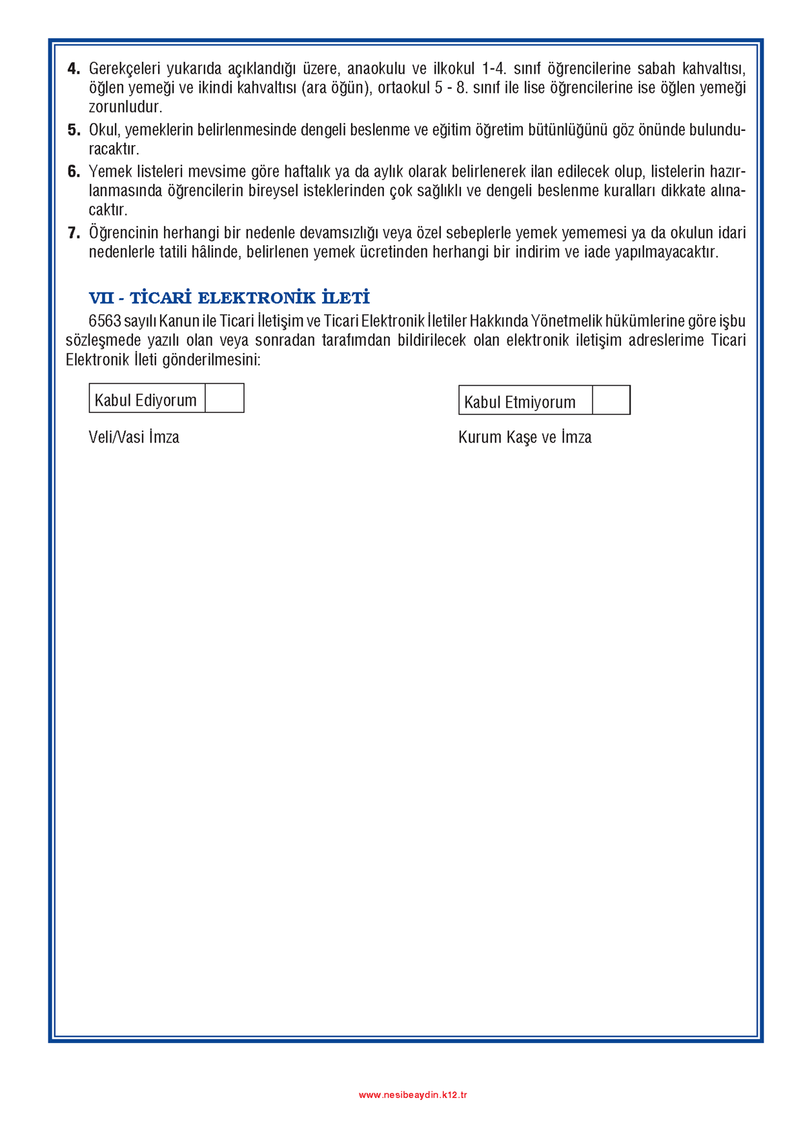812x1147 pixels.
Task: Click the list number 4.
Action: coord(73,68)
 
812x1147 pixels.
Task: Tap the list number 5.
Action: coord(73,130)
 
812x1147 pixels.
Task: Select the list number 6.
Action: coord(73,172)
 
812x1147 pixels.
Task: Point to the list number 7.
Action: coord(73,233)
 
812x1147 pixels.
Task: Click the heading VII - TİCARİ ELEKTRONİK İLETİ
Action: coord(229,297)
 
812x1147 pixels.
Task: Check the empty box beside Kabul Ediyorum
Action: coord(225,398)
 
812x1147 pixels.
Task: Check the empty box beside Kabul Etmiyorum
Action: coord(611,400)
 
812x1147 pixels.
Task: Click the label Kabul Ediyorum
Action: coord(146,400)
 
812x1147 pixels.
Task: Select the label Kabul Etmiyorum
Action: coord(520,402)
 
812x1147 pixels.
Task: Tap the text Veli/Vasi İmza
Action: coord(134,437)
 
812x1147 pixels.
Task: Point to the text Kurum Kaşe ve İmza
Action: coord(524,437)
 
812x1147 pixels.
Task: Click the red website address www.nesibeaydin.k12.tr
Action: coord(413,1095)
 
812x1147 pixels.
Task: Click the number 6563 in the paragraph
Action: coord(104,321)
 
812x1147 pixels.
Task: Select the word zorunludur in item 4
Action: coord(125,107)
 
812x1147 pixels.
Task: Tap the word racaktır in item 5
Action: coord(114,148)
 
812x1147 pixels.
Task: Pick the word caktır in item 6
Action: coord(108,210)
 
